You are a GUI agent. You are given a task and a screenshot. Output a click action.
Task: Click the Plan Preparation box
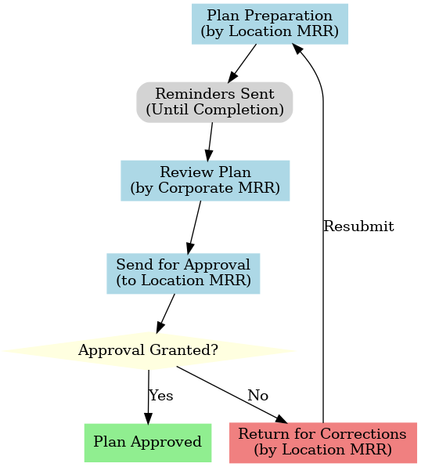(270, 24)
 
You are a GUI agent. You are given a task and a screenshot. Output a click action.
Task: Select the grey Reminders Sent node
(214, 103)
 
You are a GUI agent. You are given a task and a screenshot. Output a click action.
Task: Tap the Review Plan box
(205, 181)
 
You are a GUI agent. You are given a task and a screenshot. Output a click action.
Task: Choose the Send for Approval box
(183, 273)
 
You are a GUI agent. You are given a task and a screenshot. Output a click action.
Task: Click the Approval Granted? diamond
(149, 351)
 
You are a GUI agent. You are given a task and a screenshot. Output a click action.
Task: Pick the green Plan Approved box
(148, 443)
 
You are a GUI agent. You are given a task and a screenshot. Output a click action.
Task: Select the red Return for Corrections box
(323, 443)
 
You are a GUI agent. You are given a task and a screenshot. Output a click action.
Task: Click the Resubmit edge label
(358, 226)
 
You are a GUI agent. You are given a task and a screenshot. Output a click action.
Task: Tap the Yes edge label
(161, 396)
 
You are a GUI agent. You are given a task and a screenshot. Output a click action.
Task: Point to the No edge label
(258, 396)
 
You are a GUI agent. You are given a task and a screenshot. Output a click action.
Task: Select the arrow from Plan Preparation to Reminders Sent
(242, 63)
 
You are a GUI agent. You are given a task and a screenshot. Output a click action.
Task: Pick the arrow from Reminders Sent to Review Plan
(210, 142)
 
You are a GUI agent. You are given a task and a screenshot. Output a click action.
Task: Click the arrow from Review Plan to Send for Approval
(194, 227)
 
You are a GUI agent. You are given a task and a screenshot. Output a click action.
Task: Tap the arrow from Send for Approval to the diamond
(165, 313)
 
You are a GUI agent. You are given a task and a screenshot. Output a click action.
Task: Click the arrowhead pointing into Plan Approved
(148, 418)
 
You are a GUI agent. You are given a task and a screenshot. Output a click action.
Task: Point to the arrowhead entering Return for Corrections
(281, 418)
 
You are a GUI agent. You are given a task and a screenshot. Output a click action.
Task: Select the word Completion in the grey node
(239, 110)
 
